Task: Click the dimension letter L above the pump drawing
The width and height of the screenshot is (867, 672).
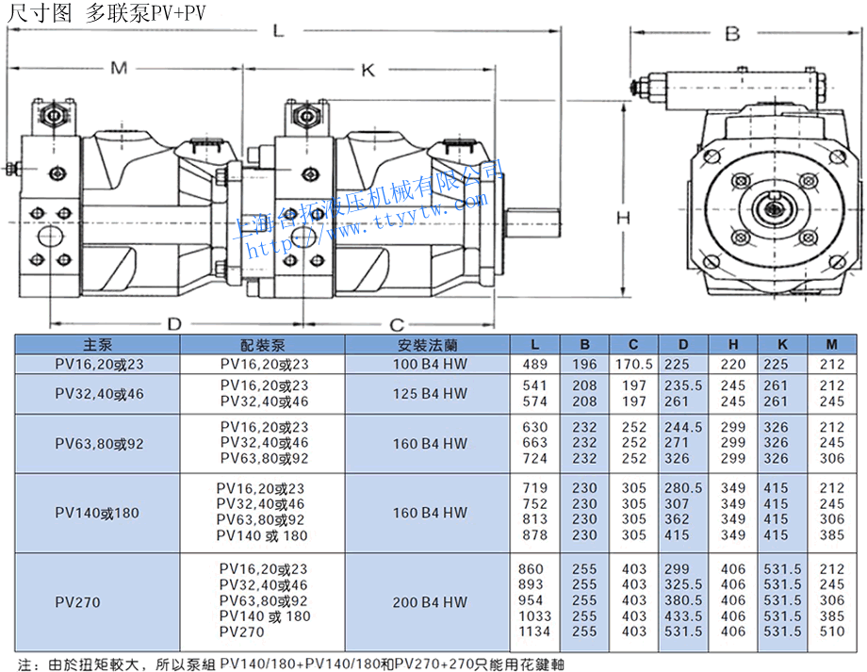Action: tap(278, 31)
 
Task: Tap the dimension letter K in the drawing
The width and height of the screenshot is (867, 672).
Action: tap(368, 71)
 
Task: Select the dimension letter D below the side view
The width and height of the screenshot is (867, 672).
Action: tap(173, 323)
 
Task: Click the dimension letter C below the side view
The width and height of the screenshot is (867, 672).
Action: tap(397, 323)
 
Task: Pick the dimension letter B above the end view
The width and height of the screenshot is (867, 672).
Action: tap(731, 35)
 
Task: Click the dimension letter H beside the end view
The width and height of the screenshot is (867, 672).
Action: tap(623, 218)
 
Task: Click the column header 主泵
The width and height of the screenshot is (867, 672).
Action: tap(97, 345)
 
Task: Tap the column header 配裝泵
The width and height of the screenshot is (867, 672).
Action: tap(263, 345)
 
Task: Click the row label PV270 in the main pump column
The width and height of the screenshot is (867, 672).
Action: tap(77, 601)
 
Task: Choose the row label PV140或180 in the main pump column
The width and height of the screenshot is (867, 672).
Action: tap(97, 514)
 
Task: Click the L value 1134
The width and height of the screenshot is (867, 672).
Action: tap(533, 631)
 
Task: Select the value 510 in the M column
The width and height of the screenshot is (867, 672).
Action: tap(832, 631)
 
